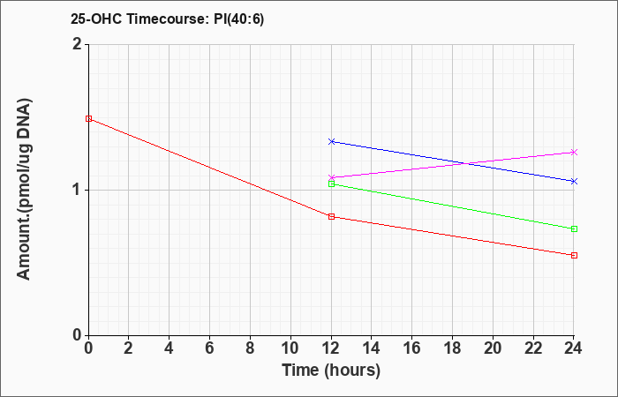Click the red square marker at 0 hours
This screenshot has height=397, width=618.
(x=88, y=118)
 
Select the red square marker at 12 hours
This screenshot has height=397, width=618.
(x=331, y=216)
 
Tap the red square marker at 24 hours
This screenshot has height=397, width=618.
(x=574, y=255)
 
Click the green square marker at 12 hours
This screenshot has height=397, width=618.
(x=331, y=184)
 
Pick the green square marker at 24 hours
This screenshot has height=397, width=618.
(x=574, y=228)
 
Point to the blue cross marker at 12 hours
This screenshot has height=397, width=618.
(x=331, y=141)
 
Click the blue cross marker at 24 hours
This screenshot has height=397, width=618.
(x=574, y=181)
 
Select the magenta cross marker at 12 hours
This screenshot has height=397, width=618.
(x=331, y=177)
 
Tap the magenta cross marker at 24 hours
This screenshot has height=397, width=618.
(x=574, y=152)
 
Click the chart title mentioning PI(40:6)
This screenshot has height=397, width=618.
(x=167, y=19)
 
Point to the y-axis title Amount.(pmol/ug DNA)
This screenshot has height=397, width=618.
(x=24, y=189)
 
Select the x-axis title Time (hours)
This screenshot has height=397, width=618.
(x=331, y=371)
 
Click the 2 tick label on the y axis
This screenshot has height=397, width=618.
(x=78, y=44)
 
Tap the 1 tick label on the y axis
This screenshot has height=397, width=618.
(x=78, y=190)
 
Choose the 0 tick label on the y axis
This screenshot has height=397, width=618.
(x=78, y=335)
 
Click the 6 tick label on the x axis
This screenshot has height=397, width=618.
(x=210, y=348)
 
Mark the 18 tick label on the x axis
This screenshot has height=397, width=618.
(x=452, y=348)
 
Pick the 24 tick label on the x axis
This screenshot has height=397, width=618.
(x=574, y=348)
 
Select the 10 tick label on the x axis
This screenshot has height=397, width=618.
(x=290, y=348)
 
